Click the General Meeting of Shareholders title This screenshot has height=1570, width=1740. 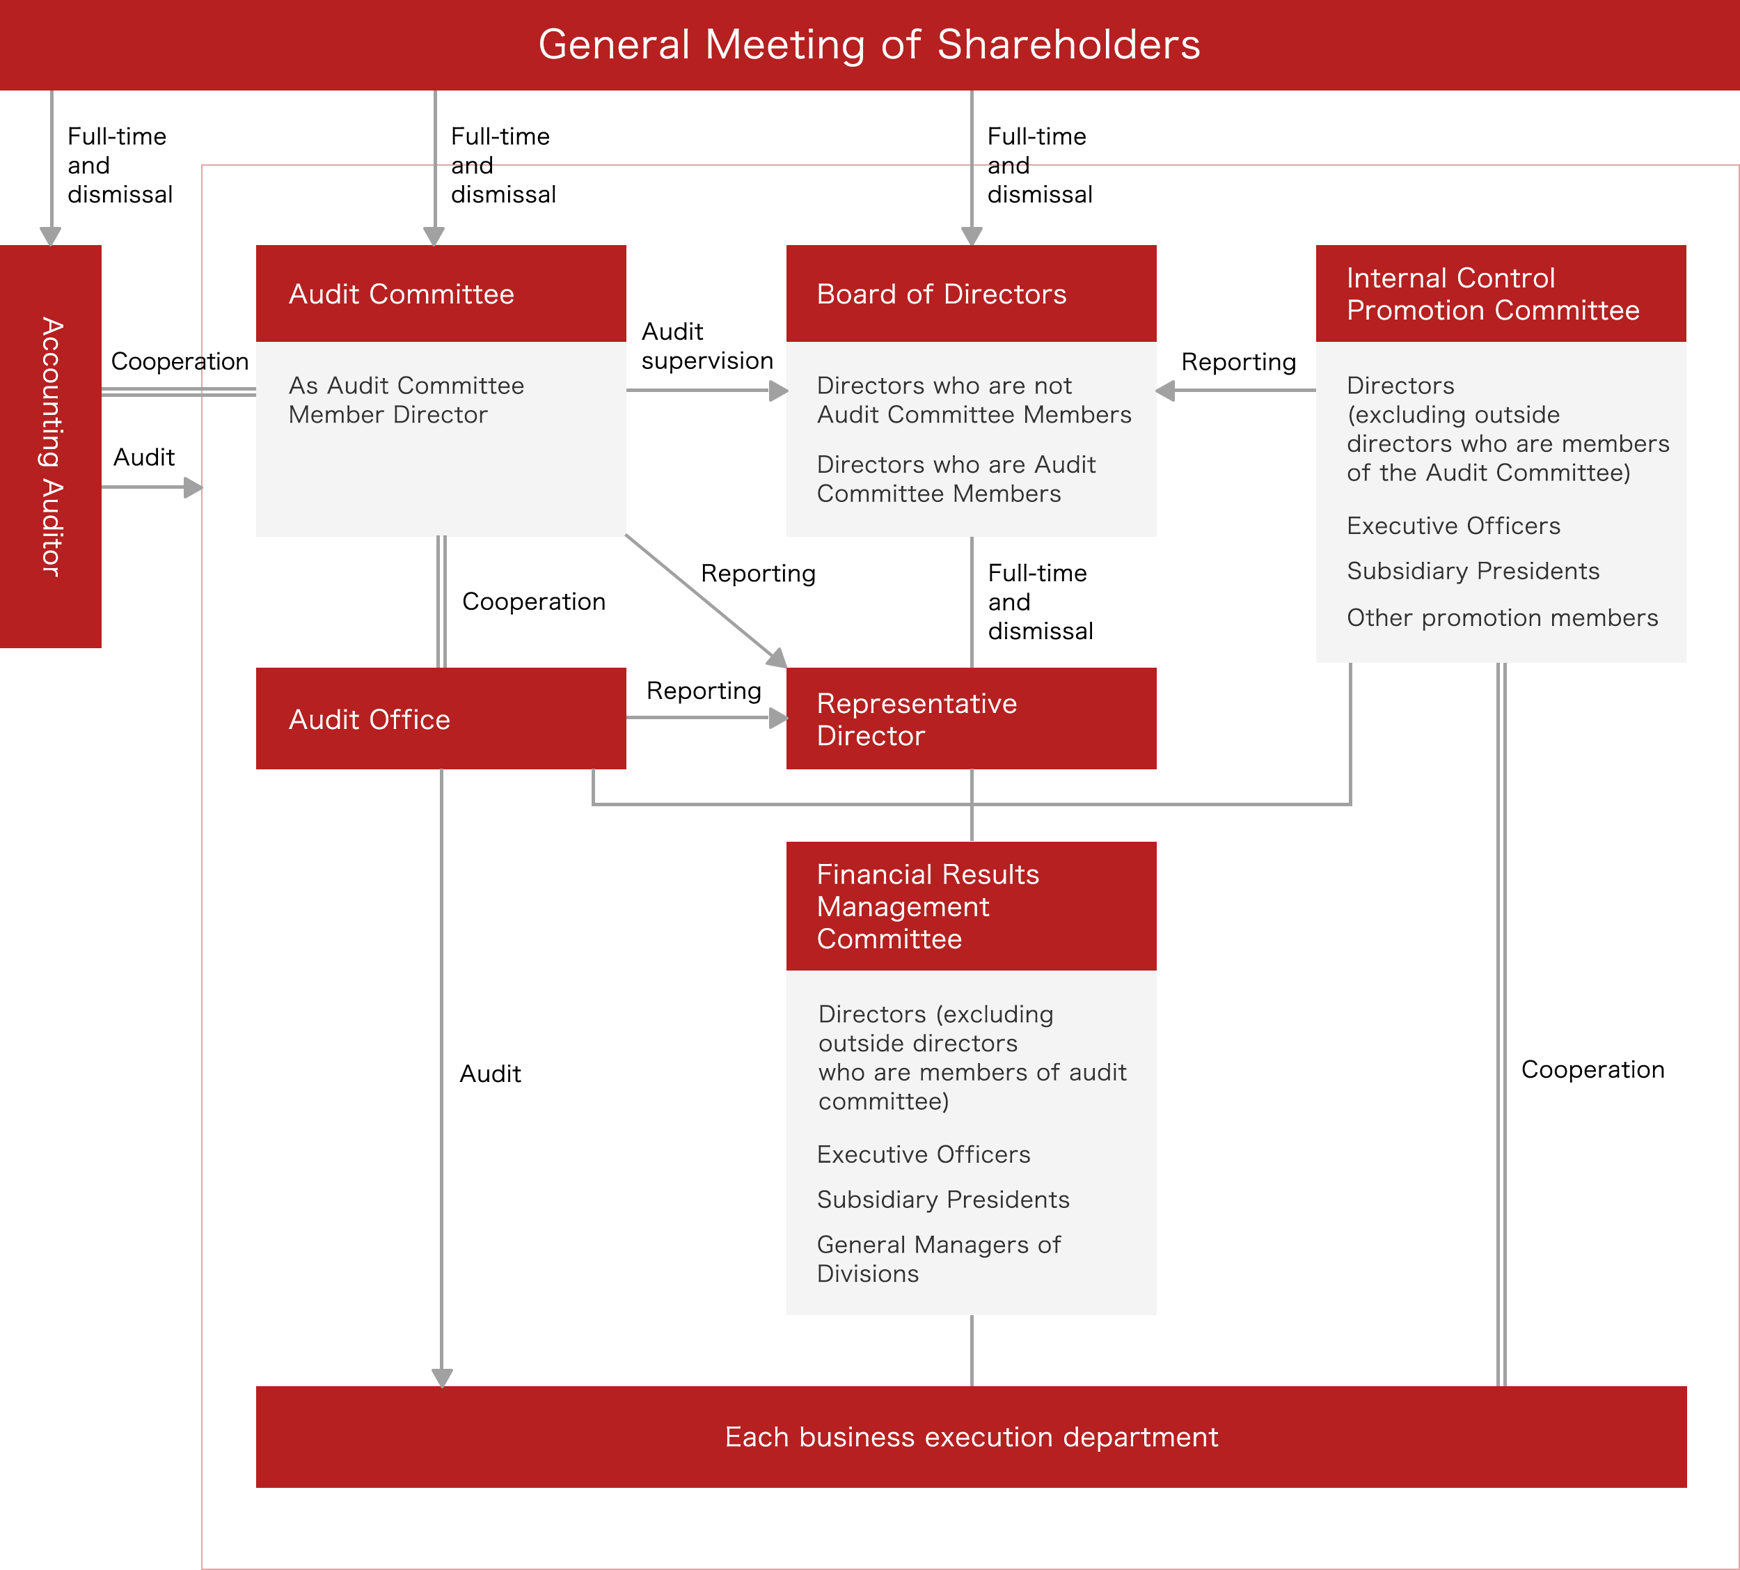(x=869, y=45)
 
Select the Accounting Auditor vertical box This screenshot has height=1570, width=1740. (x=51, y=446)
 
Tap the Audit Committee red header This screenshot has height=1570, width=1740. (x=441, y=295)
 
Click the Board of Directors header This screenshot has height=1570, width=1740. (x=971, y=295)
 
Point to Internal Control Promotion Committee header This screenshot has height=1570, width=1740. (x=1501, y=295)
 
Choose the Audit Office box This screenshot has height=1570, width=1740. (x=441, y=719)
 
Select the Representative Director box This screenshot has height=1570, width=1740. (x=971, y=719)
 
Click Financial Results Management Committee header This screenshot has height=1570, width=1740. (x=971, y=906)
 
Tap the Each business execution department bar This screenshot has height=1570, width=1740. (x=971, y=1437)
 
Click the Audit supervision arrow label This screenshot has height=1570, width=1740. (x=707, y=346)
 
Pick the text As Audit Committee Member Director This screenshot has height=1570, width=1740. (x=406, y=400)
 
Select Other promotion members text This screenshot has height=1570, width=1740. (x=1502, y=618)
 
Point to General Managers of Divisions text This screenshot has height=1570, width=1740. (x=938, y=1259)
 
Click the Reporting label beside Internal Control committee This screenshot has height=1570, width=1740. (x=1238, y=362)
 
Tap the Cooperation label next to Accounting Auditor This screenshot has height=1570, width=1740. (x=180, y=361)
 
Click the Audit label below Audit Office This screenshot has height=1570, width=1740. (x=490, y=1074)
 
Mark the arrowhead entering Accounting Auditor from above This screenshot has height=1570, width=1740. (x=51, y=236)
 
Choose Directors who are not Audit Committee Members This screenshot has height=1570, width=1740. (x=974, y=400)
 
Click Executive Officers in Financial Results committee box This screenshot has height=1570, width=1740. (x=924, y=1154)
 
